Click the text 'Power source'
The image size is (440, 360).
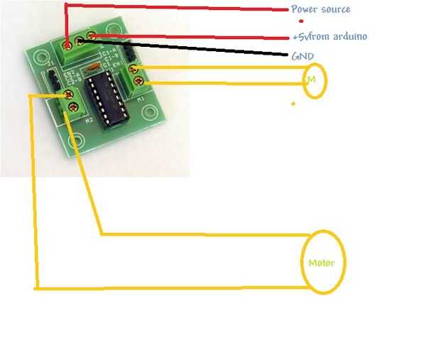320,9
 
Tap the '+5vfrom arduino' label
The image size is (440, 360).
329,36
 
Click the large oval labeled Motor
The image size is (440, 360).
324,262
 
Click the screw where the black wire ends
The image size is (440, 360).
79,41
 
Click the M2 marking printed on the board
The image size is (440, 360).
88,121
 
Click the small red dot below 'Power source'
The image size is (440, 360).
301,21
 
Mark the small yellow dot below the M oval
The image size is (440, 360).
292,104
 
